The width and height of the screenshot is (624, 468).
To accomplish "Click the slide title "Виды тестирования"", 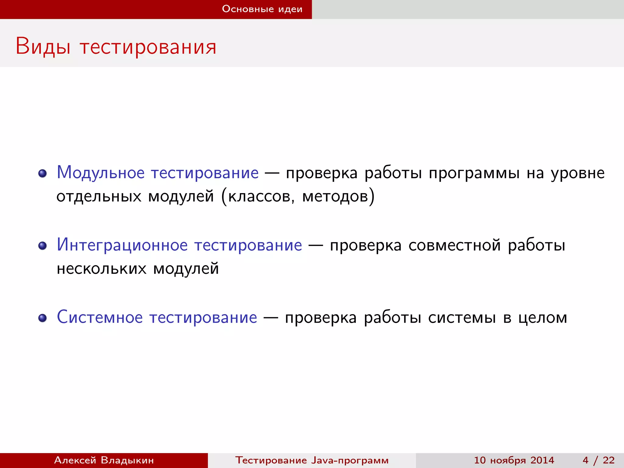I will click(x=116, y=47).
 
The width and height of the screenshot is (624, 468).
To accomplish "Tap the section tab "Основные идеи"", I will click(x=262, y=9).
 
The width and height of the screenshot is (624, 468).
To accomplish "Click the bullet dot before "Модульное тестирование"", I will click(x=42, y=173).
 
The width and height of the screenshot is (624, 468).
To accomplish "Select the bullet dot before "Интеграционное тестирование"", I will click(x=42, y=246).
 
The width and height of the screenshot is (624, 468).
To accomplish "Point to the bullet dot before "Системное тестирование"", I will click(x=42, y=318).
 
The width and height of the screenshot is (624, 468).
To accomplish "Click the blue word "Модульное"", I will click(x=101, y=173).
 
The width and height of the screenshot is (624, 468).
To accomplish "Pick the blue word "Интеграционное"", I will click(x=122, y=245).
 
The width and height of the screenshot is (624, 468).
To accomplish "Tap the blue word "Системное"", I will click(x=100, y=317).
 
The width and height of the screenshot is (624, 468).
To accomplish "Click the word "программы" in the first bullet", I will click(x=474, y=174).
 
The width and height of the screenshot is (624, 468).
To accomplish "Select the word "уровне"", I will click(x=578, y=174).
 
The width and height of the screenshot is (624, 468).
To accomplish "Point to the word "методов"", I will click(x=335, y=197).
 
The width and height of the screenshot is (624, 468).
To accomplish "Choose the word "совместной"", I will click(x=455, y=246).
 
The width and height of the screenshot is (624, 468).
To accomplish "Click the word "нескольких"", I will click(x=101, y=269).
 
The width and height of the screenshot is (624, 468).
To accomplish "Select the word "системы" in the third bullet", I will click(x=462, y=318).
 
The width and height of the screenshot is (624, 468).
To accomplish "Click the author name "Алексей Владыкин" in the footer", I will click(x=104, y=460).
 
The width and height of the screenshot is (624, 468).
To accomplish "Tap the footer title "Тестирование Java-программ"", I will click(x=312, y=460).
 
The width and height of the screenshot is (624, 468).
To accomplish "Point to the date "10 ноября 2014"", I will click(x=514, y=460).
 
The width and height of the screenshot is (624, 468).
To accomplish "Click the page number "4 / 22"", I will click(x=598, y=460).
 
